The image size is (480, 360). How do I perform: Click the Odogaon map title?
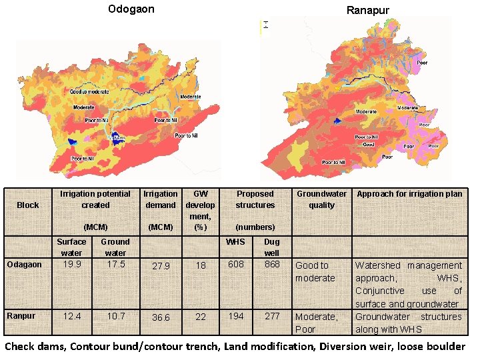[131, 9]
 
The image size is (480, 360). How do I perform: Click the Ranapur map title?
[367, 10]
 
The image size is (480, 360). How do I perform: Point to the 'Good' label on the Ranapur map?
[368, 144]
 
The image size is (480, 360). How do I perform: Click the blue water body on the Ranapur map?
[338, 121]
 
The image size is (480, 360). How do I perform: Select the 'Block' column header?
[28, 205]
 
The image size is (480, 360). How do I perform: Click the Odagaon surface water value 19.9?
[71, 264]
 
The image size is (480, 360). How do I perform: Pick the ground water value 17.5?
[115, 264]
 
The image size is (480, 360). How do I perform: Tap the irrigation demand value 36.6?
[161, 317]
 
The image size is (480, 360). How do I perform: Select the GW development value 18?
[201, 265]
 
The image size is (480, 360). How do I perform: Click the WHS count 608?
[235, 264]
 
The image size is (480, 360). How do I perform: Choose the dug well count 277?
[272, 315]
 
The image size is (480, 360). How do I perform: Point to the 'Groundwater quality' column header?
[321, 199]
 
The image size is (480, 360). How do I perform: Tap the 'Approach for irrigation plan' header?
[409, 194]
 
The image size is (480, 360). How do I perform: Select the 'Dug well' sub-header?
[272, 247]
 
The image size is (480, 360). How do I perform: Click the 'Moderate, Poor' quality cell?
[317, 323]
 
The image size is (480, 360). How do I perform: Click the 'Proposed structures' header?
[255, 199]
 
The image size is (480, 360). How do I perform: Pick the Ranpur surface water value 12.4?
[71, 315]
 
